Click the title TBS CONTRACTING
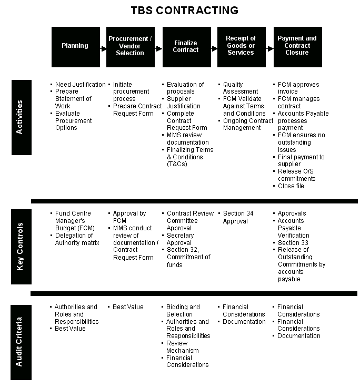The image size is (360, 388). (x=184, y=11)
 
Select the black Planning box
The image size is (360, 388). (x=75, y=46)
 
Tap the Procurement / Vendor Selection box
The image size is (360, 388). (x=131, y=46)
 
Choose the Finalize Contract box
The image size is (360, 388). (x=186, y=46)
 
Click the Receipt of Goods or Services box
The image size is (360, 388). (x=241, y=46)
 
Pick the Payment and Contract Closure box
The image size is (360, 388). (x=297, y=46)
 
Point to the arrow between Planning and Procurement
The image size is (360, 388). (x=103, y=48)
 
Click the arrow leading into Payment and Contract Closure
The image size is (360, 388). (x=270, y=48)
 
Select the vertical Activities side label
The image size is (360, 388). (x=21, y=117)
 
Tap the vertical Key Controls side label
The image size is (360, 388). (x=21, y=246)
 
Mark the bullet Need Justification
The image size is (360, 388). (x=80, y=85)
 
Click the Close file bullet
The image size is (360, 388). (x=291, y=186)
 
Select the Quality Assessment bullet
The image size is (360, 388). (x=241, y=88)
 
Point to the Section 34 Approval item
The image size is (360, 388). (x=238, y=217)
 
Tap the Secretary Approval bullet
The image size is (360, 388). (x=179, y=239)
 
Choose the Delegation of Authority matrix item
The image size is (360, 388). (x=77, y=239)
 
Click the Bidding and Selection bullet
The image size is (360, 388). (x=183, y=310)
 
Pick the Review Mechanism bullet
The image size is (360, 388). (x=183, y=347)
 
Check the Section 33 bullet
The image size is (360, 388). (x=293, y=243)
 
